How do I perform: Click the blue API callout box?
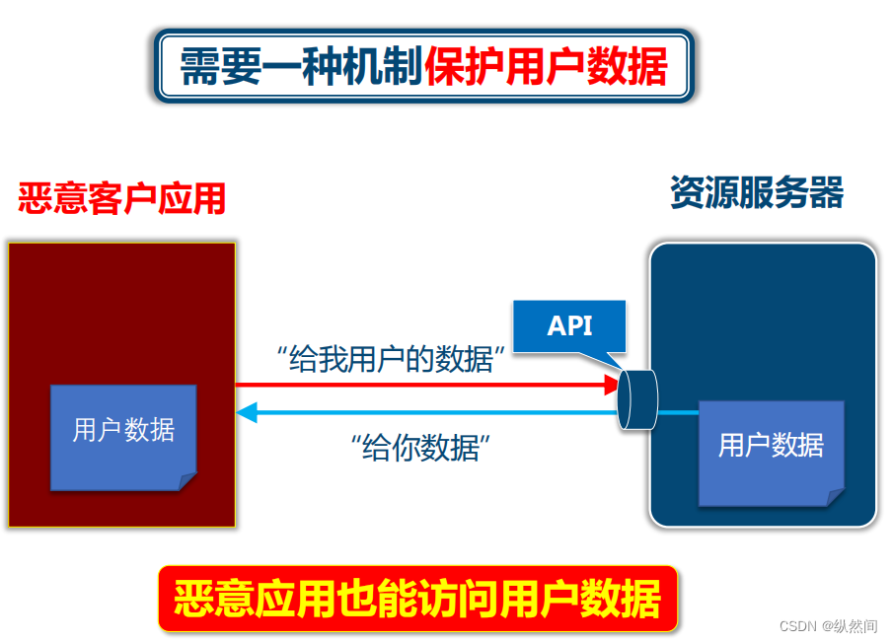click(x=570, y=325)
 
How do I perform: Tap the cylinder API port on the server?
click(x=635, y=399)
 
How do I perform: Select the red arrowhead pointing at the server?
click(x=612, y=385)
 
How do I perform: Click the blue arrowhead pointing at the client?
click(x=246, y=412)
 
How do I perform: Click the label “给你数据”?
click(x=420, y=448)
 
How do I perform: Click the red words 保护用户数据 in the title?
click(x=547, y=66)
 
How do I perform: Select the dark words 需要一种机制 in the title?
click(x=302, y=66)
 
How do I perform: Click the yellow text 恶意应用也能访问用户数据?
click(x=417, y=599)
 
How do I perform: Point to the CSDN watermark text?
click(x=827, y=627)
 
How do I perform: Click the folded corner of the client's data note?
click(x=187, y=481)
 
